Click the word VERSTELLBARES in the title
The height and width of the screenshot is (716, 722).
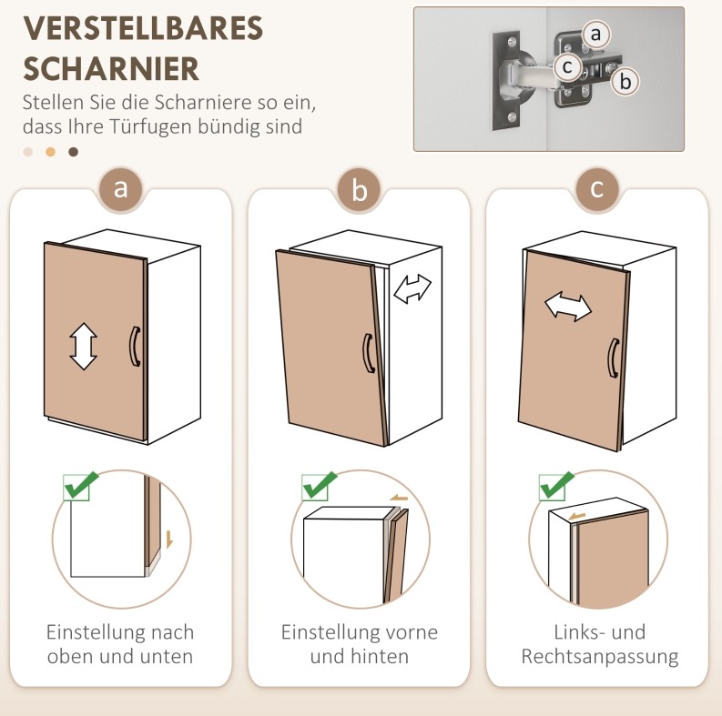143,28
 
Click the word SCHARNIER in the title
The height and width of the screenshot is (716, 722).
111,69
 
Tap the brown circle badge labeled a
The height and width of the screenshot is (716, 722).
121,188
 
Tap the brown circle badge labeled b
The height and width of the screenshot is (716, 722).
359,189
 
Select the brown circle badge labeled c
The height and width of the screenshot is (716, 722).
597,188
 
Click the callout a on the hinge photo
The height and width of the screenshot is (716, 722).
595,34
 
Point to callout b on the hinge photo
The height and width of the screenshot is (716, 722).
625,82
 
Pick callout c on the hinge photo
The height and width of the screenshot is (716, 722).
567,66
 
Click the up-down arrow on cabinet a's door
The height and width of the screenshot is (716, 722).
84,347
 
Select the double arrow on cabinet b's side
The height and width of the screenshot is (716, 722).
412,288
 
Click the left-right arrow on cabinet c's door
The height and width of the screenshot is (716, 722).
568,307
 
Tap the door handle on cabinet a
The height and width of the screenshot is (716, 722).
135,347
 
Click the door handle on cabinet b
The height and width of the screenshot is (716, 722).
369,353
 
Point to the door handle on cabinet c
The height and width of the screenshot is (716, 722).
614,358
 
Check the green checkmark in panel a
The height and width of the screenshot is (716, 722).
81,486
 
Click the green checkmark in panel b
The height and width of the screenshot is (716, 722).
319,486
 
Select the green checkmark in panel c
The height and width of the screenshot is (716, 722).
556,486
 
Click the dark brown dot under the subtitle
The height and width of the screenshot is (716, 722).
73,152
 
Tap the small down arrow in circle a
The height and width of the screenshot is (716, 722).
169,540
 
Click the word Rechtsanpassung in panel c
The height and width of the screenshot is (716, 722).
600,657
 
